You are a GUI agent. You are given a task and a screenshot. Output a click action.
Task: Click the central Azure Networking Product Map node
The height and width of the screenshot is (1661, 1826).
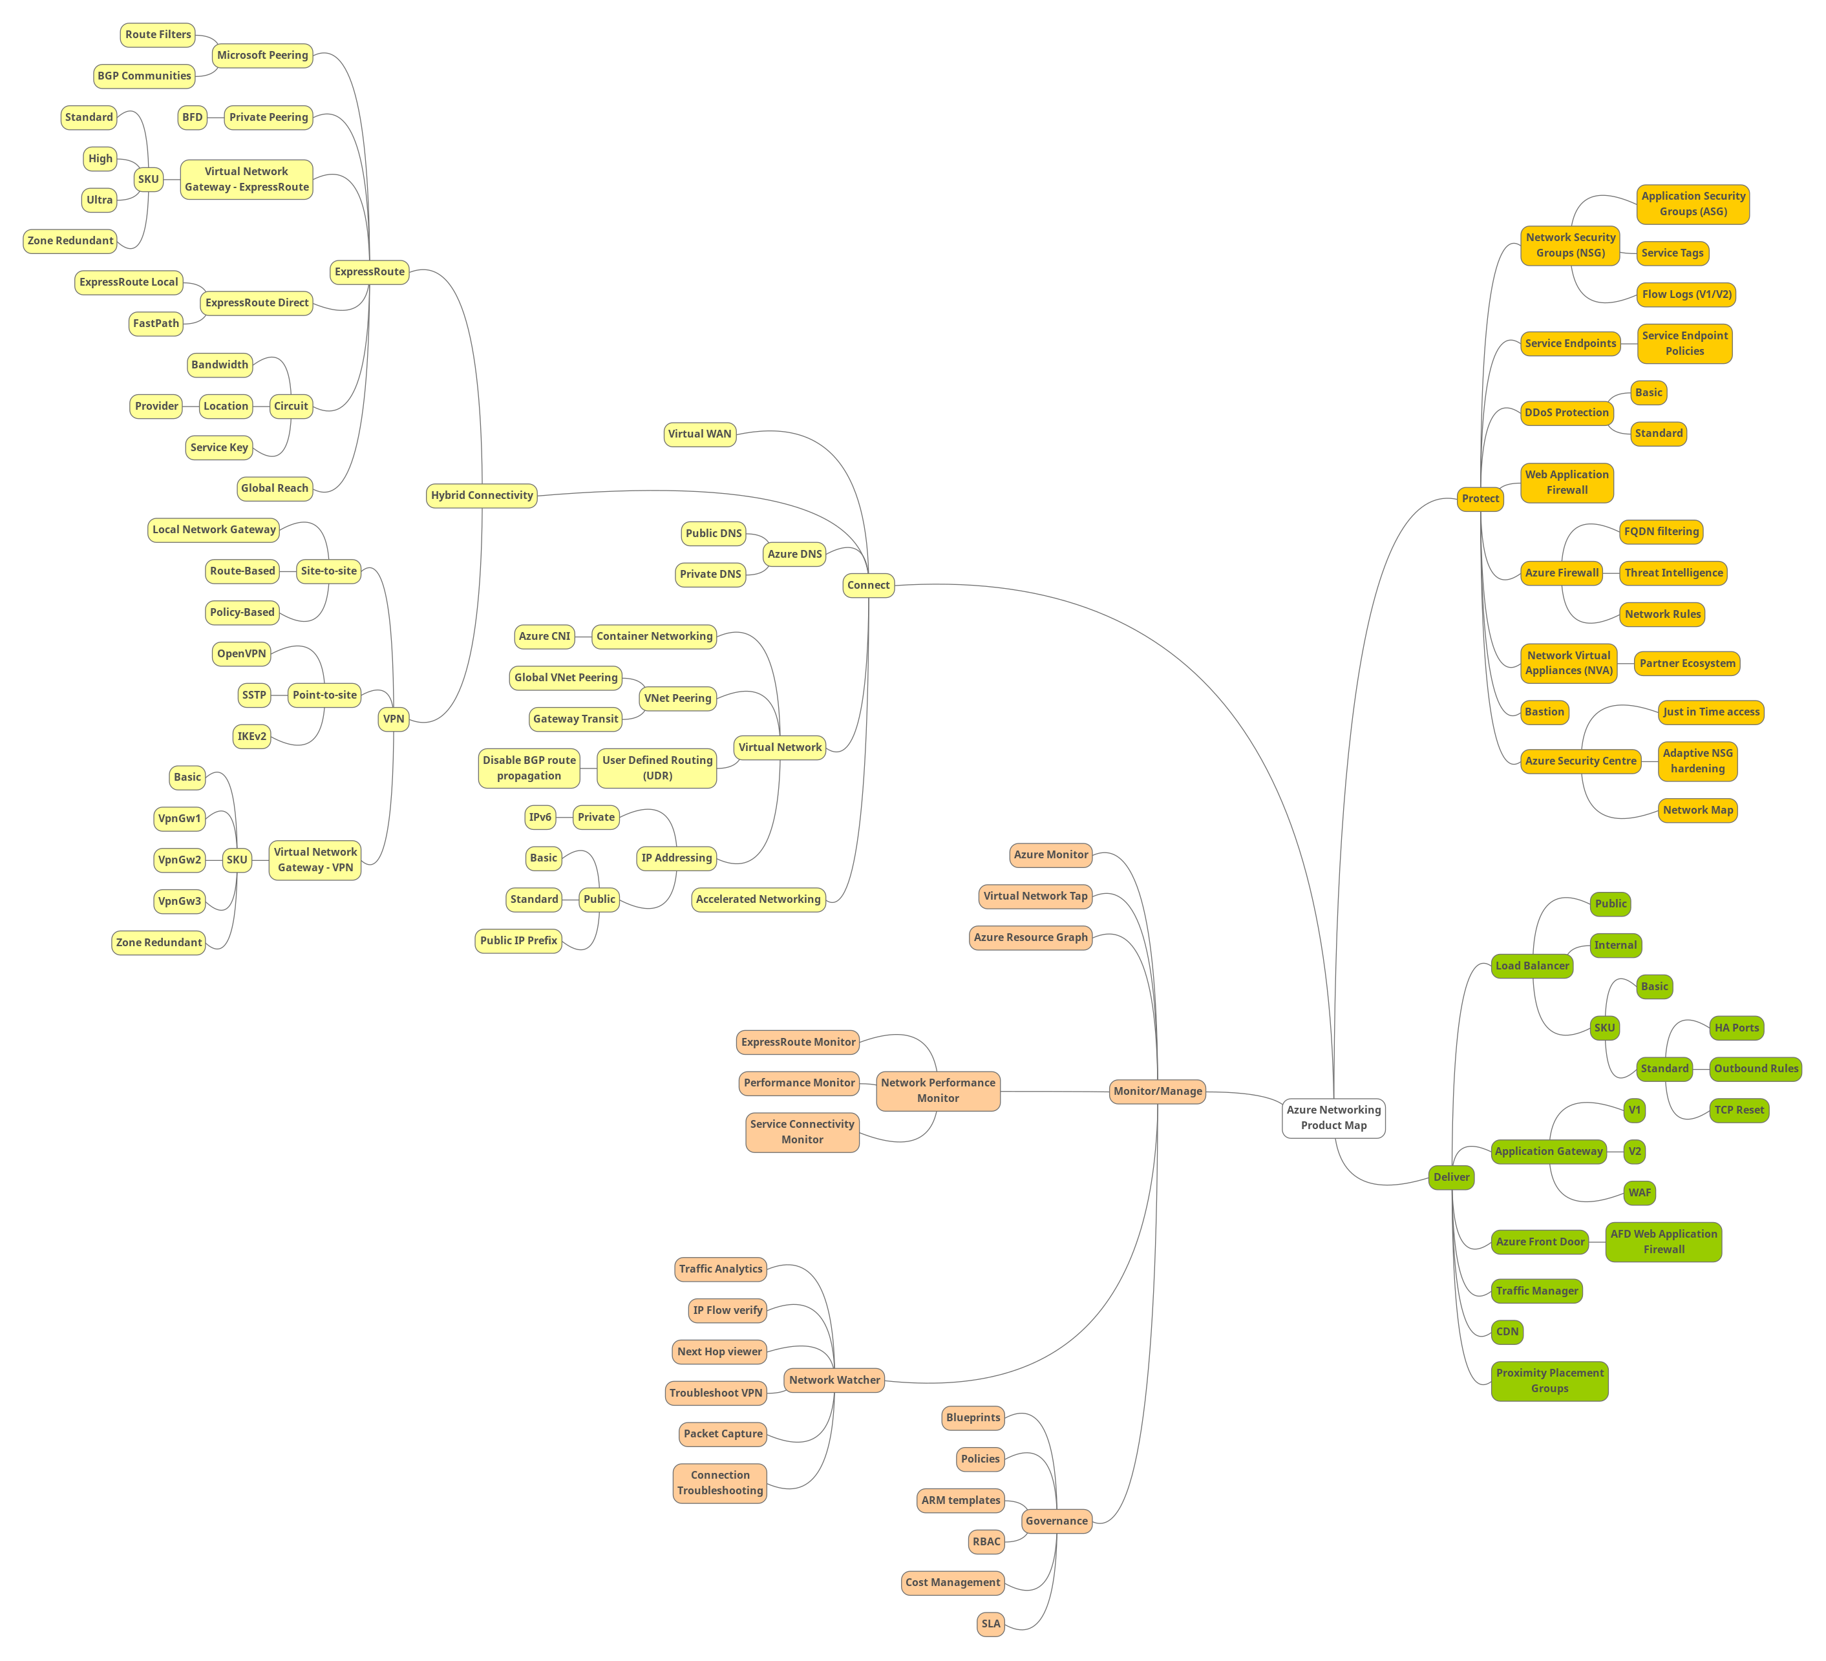tap(1333, 1117)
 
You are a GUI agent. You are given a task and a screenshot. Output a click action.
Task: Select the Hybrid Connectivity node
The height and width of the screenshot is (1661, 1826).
tap(482, 496)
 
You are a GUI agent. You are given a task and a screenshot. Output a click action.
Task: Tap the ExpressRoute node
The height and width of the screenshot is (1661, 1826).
tap(370, 271)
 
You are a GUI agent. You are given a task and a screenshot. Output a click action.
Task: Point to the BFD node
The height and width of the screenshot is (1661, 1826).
tap(192, 118)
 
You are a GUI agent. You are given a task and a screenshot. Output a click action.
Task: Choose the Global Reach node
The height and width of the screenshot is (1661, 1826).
tap(275, 488)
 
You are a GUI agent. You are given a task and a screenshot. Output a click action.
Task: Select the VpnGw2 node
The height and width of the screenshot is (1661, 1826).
tap(179, 860)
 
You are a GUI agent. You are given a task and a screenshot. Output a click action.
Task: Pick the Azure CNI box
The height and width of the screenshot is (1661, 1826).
tap(544, 637)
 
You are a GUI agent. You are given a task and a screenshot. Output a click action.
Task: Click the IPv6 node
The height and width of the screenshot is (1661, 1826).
tap(540, 818)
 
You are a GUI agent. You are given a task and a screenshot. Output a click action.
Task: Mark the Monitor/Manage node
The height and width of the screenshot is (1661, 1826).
tap(1158, 1092)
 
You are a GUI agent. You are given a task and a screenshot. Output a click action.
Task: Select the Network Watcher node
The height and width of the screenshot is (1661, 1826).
tap(834, 1381)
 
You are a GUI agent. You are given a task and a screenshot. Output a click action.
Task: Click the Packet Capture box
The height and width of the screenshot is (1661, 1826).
tap(723, 1434)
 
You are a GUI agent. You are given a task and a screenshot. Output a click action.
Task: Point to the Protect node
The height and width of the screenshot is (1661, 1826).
tap(1480, 499)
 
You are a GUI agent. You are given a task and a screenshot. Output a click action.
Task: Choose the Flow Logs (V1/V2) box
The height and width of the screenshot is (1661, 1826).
tap(1686, 294)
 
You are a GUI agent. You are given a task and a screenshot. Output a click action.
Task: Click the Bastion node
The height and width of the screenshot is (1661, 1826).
tap(1544, 712)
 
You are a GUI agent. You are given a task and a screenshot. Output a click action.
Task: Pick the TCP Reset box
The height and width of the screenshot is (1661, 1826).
tap(1739, 1110)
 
